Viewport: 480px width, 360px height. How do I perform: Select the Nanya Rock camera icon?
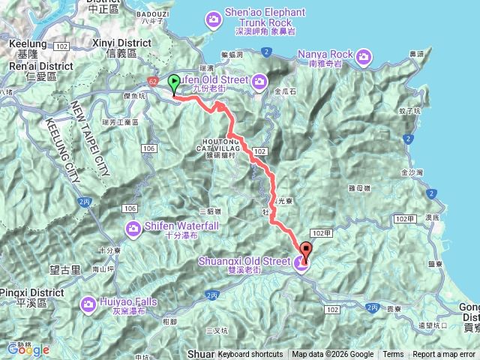[x=364, y=55]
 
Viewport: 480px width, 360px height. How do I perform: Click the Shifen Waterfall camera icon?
[x=133, y=227]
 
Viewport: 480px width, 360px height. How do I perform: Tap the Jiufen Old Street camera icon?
[x=259, y=80]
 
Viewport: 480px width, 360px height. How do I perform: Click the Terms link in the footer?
[x=393, y=355]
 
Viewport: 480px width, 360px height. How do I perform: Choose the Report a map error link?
[x=444, y=355]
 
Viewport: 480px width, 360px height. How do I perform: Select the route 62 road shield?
[x=152, y=80]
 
